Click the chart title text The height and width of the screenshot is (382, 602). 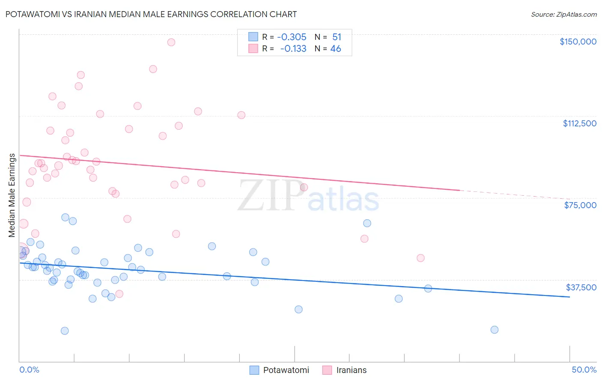151,14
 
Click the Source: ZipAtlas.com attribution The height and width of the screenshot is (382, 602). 563,15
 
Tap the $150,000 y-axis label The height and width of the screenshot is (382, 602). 578,42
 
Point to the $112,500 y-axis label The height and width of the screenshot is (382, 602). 579,123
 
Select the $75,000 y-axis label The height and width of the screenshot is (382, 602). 580,205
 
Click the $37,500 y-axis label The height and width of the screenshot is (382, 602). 581,287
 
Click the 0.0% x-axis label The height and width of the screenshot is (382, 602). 29,370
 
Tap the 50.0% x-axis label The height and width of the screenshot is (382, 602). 584,370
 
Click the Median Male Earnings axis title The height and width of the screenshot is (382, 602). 12,195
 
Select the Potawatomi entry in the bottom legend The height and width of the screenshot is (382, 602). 286,370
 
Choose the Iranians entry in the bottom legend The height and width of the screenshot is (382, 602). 351,370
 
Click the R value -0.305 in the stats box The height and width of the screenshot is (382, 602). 292,37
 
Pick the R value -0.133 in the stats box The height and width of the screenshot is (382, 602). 293,49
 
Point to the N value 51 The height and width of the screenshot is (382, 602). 337,37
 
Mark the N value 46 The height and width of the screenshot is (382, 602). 336,49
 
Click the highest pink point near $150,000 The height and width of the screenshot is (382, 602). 171,42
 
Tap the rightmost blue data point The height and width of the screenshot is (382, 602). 494,330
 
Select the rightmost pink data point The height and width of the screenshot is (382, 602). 420,258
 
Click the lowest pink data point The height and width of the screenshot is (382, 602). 119,294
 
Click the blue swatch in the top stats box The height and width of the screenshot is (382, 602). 253,37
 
